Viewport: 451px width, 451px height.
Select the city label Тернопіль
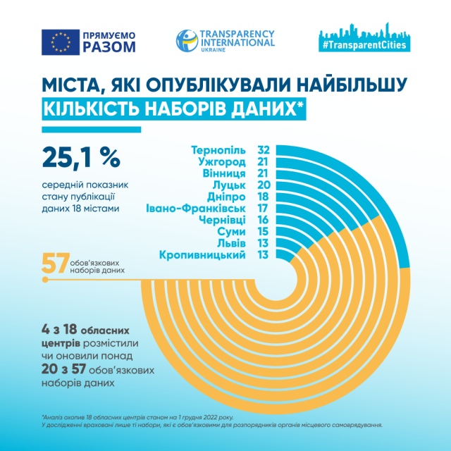(x=218, y=149)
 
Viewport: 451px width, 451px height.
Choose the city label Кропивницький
(x=203, y=254)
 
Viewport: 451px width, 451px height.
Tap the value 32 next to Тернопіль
(x=264, y=149)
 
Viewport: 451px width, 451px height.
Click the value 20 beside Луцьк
(x=264, y=185)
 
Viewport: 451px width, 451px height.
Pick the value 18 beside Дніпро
(x=264, y=197)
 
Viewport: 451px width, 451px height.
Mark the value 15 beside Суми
(x=264, y=231)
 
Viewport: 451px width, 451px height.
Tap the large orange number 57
(x=56, y=263)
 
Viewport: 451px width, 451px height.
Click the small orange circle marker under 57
(x=46, y=280)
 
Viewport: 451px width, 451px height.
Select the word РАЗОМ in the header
(x=109, y=48)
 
